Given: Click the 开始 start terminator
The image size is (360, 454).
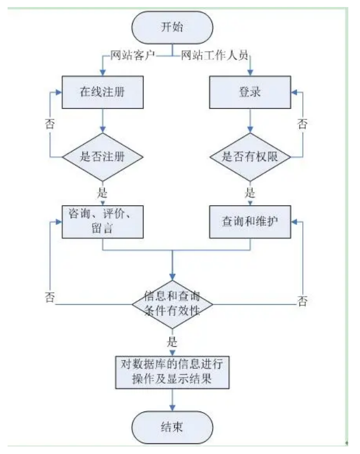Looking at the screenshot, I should [172, 27].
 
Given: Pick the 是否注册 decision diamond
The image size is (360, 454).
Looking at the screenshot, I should [103, 157].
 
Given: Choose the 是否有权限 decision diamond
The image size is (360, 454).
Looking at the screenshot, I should [250, 157].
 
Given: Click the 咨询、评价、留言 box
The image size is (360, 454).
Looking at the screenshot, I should [103, 222].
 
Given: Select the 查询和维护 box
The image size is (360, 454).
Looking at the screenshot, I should [250, 222].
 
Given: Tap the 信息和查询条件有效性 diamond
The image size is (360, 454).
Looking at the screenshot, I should [172, 303].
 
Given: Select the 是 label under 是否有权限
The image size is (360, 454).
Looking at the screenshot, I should [250, 192].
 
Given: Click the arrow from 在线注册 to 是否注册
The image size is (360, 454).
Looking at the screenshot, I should [103, 124].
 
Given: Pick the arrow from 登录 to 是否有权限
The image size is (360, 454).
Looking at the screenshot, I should [250, 124].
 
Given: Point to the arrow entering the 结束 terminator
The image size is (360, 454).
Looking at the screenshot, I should [172, 401].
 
